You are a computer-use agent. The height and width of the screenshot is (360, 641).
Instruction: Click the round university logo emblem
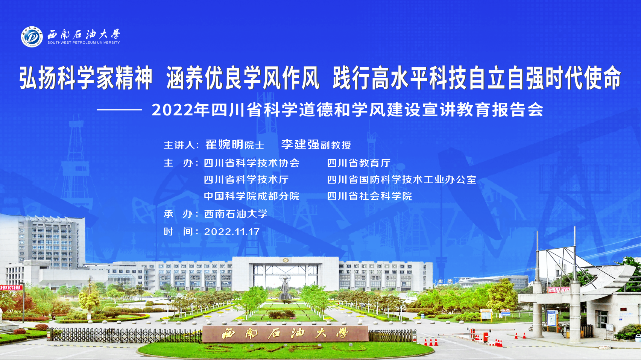tap(32, 36)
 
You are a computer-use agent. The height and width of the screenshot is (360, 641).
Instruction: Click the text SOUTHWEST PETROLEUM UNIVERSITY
tap(84, 43)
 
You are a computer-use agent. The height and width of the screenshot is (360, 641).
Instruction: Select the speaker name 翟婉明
tap(224, 144)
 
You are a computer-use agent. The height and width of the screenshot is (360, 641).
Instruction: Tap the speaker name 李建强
tap(300, 144)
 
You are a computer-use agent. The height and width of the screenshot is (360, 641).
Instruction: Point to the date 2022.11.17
tap(232, 231)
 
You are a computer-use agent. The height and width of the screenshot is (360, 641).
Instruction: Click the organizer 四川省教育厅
tap(359, 163)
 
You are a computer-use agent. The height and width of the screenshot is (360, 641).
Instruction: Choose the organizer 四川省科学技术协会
tap(252, 163)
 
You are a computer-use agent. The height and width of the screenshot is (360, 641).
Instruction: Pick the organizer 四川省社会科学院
tap(369, 196)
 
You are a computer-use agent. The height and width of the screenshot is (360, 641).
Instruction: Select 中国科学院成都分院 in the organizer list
tap(252, 196)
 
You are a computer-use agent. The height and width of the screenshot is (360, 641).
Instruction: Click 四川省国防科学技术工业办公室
tap(402, 180)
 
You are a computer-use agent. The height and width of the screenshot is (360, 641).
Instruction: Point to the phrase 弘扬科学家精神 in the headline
tap(85, 78)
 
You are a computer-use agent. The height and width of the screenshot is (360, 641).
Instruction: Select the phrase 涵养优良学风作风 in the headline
tap(243, 78)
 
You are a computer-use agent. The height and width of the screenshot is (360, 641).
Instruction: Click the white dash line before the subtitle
tap(120, 109)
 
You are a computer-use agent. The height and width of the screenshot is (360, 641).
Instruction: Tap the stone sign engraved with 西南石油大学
tap(285, 334)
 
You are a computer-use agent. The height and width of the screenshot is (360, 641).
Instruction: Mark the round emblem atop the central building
tap(285, 260)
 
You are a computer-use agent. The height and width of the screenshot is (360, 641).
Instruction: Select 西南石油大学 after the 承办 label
tap(236, 214)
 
